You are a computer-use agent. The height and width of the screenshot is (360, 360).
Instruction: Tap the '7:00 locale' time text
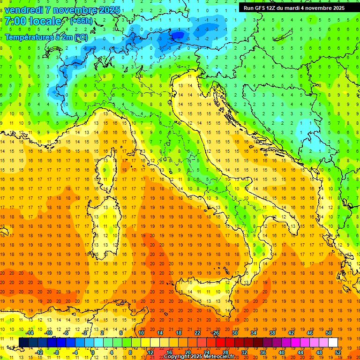[33, 21]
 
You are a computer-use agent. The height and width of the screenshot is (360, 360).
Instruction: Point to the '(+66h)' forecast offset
[81, 21]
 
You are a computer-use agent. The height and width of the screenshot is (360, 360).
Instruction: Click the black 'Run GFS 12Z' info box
[294, 7]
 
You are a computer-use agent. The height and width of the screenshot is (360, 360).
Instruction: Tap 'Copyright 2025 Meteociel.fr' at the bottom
[202, 356]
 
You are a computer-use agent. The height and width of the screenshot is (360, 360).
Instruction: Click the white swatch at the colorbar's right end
[333, 342]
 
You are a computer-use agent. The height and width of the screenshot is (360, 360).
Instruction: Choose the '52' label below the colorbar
[338, 352]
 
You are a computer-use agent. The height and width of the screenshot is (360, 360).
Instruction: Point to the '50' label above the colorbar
[328, 333]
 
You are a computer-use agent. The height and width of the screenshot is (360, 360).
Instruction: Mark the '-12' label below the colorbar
[39, 352]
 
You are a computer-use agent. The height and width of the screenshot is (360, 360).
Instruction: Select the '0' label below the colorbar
[93, 352]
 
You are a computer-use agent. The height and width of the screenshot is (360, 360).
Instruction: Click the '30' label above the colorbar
[234, 333]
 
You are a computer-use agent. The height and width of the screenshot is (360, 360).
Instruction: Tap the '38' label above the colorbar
[272, 333]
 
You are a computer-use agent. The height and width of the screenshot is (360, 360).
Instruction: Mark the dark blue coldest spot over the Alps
[177, 35]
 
